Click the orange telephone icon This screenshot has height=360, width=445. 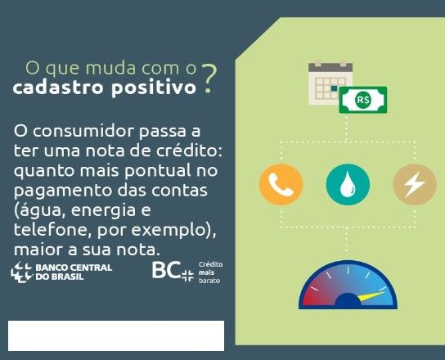point(281,185)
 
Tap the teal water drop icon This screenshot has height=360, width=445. point(348,185)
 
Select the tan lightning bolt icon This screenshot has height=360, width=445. point(415,185)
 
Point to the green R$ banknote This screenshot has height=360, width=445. point(363,100)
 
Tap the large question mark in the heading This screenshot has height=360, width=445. point(209,79)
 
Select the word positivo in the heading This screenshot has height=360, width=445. point(154,88)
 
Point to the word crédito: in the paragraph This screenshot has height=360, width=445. point(189,151)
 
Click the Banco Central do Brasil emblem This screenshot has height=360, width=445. point(21,272)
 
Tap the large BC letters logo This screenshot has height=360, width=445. point(166,270)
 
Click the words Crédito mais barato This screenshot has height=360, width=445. point(210,272)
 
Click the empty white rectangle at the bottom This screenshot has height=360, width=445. point(116,336)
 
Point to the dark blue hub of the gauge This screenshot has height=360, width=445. point(348,300)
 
